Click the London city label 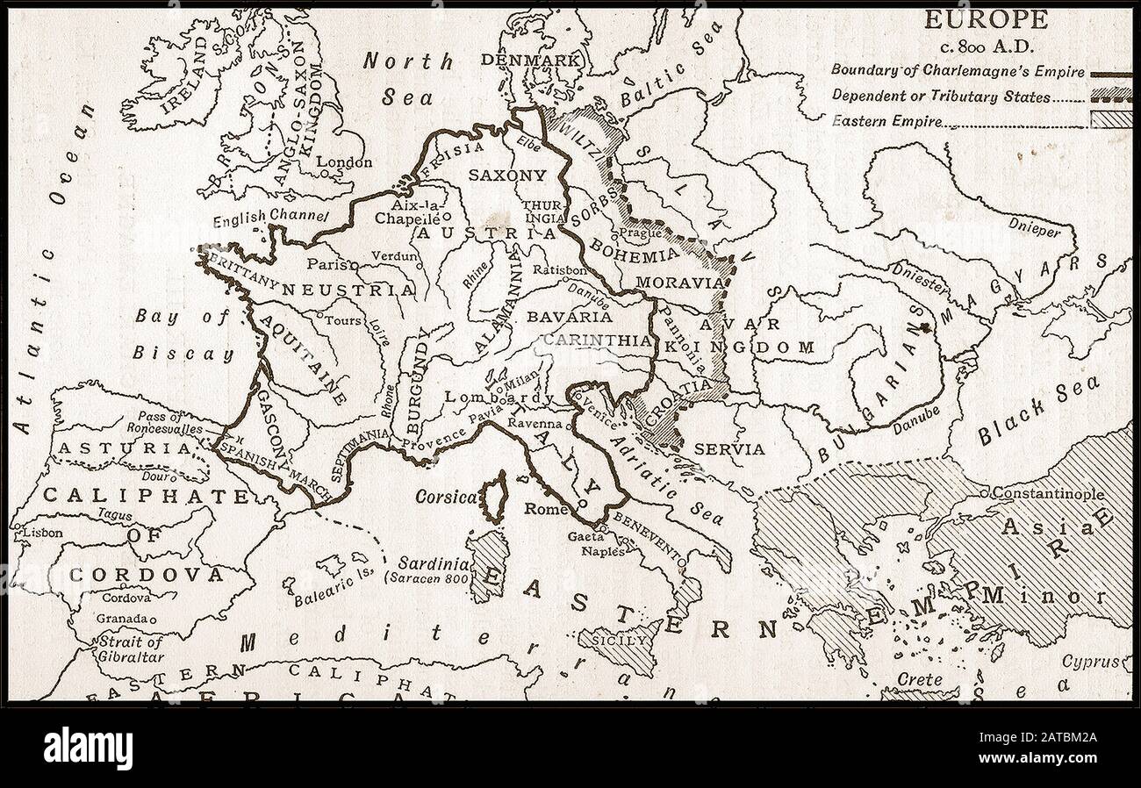(x=344, y=162)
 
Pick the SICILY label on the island (x=625, y=641)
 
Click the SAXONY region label (x=506, y=175)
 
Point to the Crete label (x=920, y=680)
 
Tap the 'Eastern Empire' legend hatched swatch (x=1109, y=120)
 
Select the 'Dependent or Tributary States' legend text (x=939, y=97)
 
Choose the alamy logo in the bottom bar (x=88, y=748)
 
